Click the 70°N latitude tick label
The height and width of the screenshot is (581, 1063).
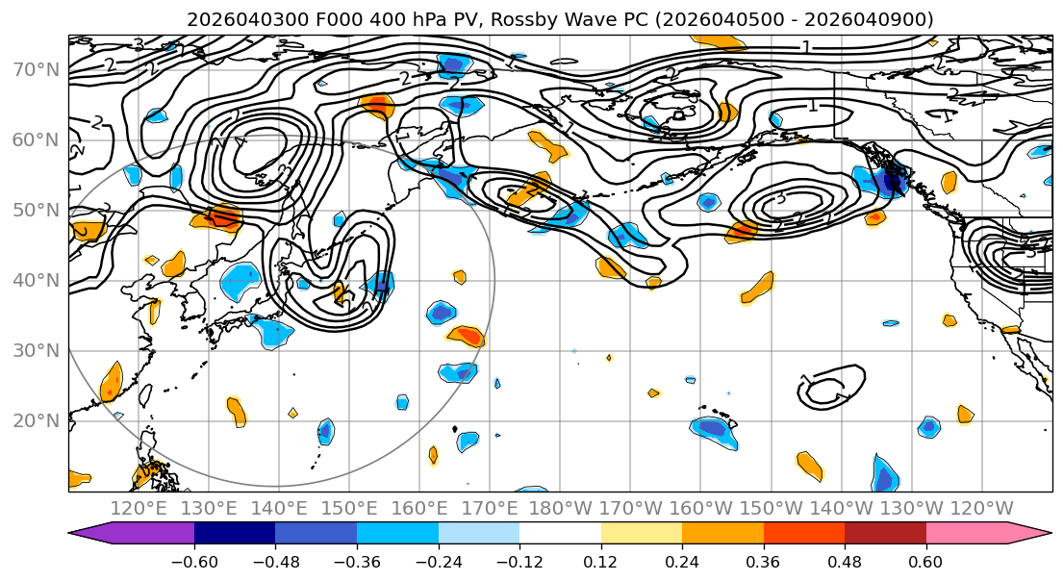[36, 69]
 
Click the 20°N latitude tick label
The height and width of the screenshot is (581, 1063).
[36, 420]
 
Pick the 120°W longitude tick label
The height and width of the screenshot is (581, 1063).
[981, 508]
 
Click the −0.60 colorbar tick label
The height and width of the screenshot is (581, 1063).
[194, 560]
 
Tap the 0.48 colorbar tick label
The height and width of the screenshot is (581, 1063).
[845, 560]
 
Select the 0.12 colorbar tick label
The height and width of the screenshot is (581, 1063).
[601, 560]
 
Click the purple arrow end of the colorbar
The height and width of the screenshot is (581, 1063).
[91, 534]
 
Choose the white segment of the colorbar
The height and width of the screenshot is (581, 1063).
[560, 534]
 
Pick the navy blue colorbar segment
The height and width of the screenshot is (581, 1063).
[235, 534]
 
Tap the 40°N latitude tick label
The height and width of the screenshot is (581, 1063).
[36, 280]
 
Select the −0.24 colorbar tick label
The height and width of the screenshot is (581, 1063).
[439, 560]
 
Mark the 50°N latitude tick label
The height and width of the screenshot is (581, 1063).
[36, 210]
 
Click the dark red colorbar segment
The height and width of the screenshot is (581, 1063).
[885, 534]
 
